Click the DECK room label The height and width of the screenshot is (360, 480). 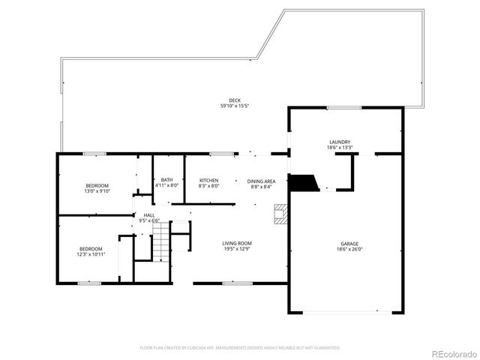click(x=235, y=100)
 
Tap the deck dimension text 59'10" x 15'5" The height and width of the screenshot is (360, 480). click(x=235, y=106)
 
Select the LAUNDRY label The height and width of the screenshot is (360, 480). click(x=340, y=142)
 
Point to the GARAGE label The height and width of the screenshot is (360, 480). click(x=349, y=244)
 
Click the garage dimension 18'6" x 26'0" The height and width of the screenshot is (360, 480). click(x=349, y=250)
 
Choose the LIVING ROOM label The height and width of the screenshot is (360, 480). click(x=236, y=243)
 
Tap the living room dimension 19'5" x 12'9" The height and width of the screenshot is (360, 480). click(x=236, y=249)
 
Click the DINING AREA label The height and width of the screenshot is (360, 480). click(x=262, y=181)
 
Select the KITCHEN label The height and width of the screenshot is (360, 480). click(x=208, y=181)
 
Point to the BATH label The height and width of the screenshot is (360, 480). click(x=166, y=180)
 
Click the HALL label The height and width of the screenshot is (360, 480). click(x=150, y=215)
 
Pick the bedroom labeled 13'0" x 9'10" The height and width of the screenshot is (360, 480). click(x=97, y=191)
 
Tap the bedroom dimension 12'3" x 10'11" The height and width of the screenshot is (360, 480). click(x=91, y=254)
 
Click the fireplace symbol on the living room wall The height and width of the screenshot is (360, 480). click(x=280, y=214)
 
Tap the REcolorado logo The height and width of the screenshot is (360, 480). click(x=451, y=352)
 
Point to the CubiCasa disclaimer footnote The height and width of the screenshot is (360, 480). click(x=240, y=348)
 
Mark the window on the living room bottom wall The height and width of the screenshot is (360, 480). click(x=237, y=283)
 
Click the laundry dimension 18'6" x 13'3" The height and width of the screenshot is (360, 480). click(x=340, y=148)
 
